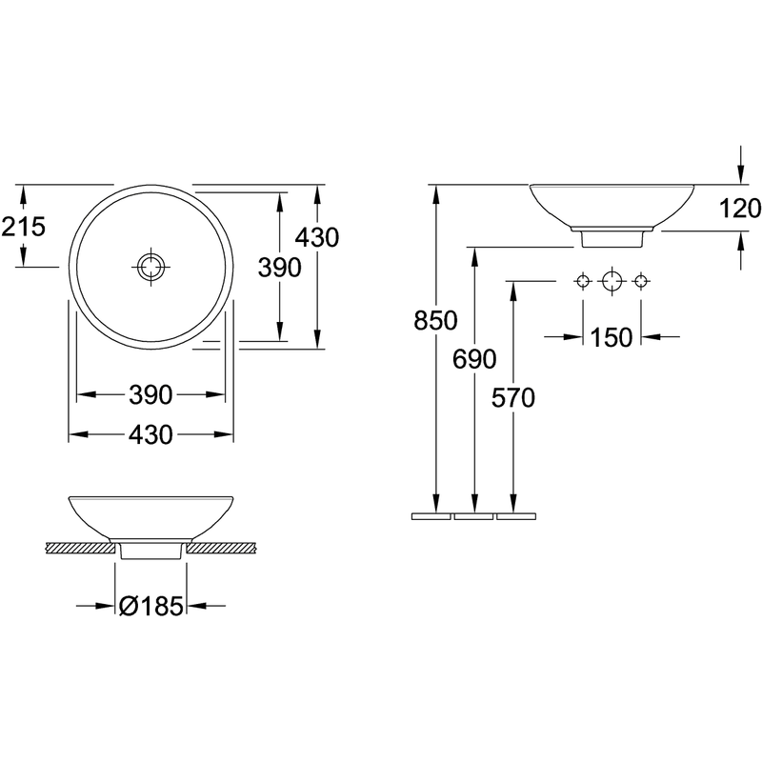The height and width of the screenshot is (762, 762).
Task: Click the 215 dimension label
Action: click(23, 227)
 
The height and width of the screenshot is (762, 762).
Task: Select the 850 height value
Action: click(435, 321)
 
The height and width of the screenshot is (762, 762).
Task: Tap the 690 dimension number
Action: click(474, 360)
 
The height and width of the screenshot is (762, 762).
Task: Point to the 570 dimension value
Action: click(513, 398)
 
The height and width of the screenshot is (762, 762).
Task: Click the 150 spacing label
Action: click(612, 337)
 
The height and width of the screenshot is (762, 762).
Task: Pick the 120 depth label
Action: click(740, 209)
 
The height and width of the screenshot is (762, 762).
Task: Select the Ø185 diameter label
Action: click(151, 606)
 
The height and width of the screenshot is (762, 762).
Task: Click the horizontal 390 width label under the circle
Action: click(150, 394)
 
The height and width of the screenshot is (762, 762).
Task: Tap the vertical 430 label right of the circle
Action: click(317, 237)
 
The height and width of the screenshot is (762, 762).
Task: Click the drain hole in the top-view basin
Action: click(151, 267)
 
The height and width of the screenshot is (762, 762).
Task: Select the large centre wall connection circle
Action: click(612, 281)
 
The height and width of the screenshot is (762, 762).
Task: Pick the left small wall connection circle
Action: click(583, 281)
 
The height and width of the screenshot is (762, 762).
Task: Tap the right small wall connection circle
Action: click(641, 281)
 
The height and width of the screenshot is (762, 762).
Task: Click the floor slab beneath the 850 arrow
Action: click(431, 516)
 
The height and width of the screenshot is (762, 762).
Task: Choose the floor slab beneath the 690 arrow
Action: click(473, 516)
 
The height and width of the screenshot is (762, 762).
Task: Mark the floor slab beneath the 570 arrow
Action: click(516, 516)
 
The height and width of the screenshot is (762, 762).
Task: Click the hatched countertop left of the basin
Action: click(80, 548)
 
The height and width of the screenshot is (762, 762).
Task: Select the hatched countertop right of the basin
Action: click(222, 548)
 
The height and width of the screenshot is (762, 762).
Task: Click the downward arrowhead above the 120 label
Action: click(740, 174)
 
